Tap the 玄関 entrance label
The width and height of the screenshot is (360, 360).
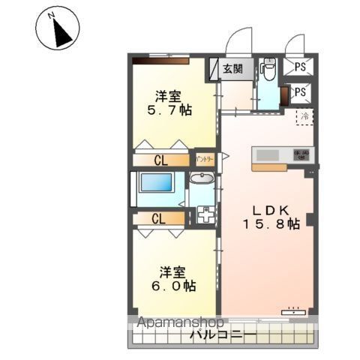(232, 69)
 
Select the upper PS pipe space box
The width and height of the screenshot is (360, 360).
(300, 67)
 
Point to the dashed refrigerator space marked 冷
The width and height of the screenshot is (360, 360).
(304, 116)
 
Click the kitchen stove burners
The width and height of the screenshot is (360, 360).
(301, 154)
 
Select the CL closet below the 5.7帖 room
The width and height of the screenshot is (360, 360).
(160, 160)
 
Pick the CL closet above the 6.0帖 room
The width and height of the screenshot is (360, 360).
(158, 219)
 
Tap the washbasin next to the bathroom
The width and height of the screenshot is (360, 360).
(201, 180)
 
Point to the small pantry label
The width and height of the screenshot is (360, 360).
(205, 159)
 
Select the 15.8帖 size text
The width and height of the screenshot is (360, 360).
(271, 223)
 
